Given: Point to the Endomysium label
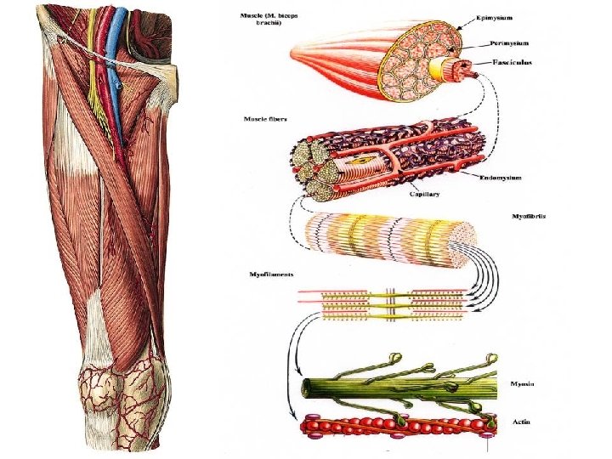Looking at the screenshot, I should click(x=501, y=178).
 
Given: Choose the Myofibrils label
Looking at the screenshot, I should click(x=529, y=217).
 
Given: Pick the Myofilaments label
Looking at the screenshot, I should click(x=270, y=274).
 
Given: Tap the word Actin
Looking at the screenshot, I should click(x=520, y=422).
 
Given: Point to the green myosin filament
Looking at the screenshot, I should click(x=391, y=386).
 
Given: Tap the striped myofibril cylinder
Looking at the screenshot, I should click(x=382, y=237).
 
